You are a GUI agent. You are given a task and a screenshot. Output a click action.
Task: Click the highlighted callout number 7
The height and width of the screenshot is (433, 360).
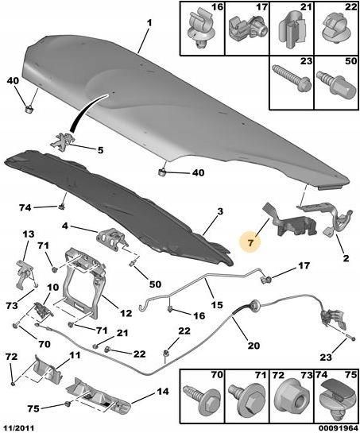point(250,243)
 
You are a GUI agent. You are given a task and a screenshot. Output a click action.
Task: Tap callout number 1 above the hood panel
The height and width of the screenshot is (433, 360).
point(149,25)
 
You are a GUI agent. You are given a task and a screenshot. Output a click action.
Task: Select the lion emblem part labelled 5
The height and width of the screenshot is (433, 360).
point(63,140)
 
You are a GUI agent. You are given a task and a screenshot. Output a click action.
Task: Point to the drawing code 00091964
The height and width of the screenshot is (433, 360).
point(340,428)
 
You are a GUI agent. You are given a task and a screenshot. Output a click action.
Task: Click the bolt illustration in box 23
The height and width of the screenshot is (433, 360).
point(292,79)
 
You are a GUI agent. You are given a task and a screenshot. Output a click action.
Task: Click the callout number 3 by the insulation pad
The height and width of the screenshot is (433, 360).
point(220,212)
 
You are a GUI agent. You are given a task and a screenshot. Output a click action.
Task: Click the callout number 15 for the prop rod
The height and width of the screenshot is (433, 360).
point(217,305)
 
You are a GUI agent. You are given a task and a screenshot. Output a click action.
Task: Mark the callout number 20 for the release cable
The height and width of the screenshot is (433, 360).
point(254,345)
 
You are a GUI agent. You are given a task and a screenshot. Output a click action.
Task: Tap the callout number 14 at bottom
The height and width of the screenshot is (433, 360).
point(162,392)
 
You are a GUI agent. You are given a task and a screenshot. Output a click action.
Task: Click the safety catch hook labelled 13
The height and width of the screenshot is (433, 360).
point(25,274)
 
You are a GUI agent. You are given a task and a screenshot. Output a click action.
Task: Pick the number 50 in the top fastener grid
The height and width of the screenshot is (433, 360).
point(351,61)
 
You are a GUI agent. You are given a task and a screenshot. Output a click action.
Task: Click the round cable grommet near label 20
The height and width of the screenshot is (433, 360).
point(255,304)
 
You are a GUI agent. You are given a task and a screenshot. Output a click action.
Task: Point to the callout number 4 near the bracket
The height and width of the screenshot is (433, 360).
point(64,226)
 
